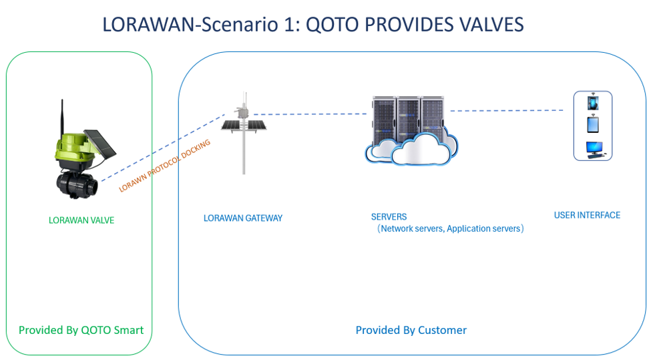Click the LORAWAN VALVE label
coord(81,220)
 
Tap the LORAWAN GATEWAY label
coord(243,218)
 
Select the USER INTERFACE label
coord(587,215)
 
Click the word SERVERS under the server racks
coord(389,217)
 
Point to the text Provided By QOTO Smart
coord(81,330)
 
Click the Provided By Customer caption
coord(411,330)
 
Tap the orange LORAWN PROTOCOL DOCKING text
coord(165,166)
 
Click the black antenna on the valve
coord(62,118)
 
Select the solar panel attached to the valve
coord(100,142)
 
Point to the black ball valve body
coord(77,184)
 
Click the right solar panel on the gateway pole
coord(257,125)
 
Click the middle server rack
coord(409,118)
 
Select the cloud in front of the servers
coord(411,150)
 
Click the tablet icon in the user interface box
coord(593,125)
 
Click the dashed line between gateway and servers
coord(310,114)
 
